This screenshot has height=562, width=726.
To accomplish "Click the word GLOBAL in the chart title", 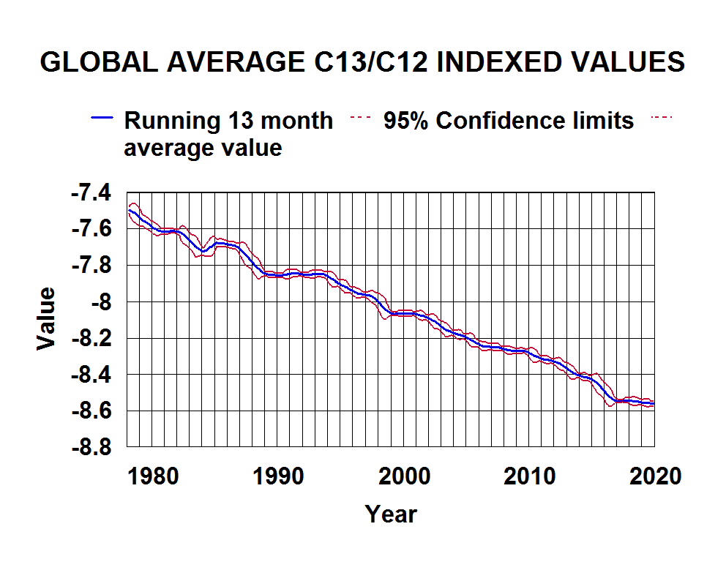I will coord(99,62).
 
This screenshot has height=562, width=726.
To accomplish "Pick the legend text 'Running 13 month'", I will coord(228,120).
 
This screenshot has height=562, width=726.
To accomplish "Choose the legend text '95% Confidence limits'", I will coord(509,120).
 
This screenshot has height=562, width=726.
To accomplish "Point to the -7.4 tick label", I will coord(91,193).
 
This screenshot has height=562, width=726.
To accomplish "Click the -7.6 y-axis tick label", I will coord(91,229).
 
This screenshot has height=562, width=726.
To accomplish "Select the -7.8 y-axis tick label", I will coord(91,266).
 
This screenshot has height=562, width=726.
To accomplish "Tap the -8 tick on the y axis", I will coord(101,301).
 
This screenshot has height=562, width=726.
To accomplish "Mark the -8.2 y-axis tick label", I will coord(91,338).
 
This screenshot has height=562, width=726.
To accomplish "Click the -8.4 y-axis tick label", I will coord(91,374).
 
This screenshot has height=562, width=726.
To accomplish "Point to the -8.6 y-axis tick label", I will coord(91,411).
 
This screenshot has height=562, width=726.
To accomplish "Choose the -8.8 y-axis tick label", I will coord(91,446).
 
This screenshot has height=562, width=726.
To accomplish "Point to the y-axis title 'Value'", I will coord(46,319).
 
